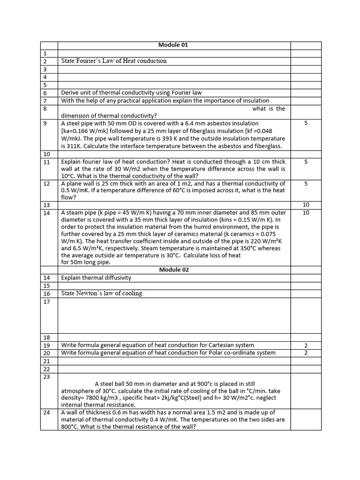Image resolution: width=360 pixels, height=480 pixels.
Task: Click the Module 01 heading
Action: click(x=173, y=45)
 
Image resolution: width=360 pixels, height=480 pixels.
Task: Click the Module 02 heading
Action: click(x=173, y=270)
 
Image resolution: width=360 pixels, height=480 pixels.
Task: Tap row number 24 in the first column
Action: click(x=46, y=412)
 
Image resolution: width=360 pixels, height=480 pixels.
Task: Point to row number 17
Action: click(x=46, y=302)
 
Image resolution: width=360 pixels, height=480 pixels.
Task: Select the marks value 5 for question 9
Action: click(x=306, y=124)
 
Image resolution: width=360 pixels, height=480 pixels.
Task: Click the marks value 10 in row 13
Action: click(x=306, y=205)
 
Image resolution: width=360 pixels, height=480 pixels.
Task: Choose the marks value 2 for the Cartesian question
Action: click(x=306, y=345)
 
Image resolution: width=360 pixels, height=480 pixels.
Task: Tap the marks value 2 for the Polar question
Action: click(x=306, y=353)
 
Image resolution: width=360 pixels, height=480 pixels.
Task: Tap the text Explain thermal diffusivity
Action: click(x=96, y=277)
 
